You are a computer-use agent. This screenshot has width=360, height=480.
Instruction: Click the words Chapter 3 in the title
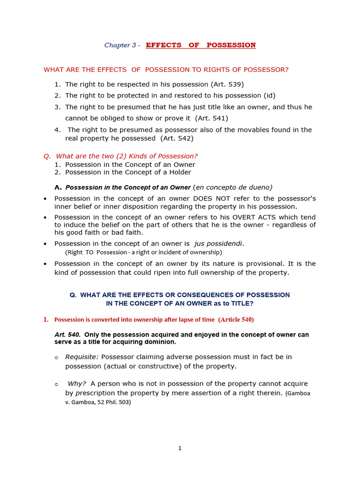(x=120, y=45)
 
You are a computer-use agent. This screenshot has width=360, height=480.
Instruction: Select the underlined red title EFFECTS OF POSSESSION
(x=201, y=45)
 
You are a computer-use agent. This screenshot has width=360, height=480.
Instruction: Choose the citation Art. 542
(x=177, y=138)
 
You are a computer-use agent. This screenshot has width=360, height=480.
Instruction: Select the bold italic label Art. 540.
(x=67, y=335)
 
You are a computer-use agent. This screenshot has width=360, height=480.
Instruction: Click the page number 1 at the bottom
(x=180, y=449)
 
